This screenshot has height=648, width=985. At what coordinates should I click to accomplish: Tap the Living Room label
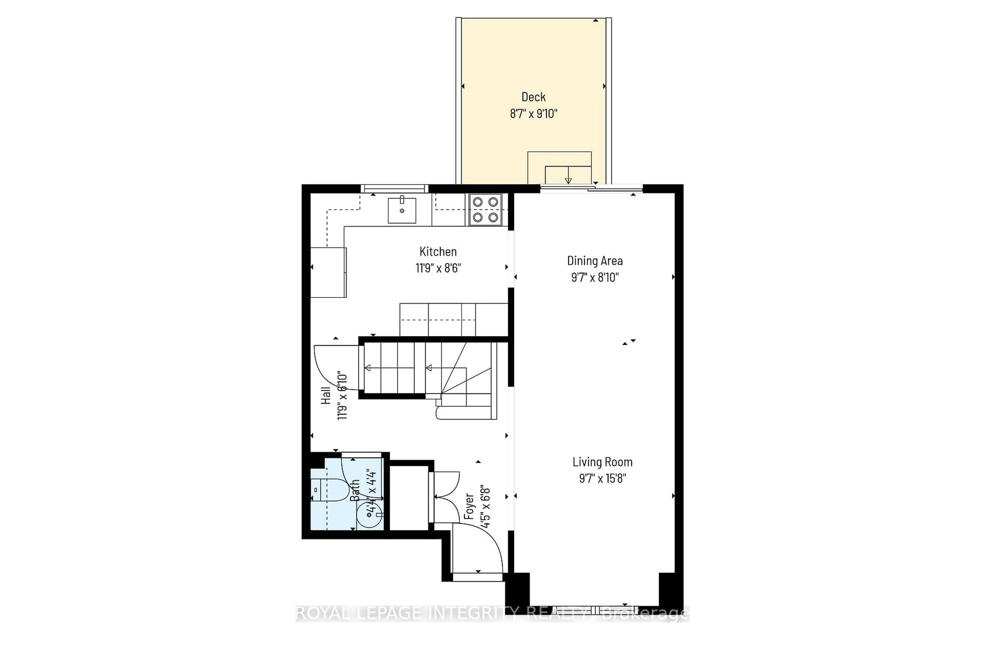(x=602, y=462)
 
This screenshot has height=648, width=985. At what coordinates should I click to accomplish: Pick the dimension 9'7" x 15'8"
(x=602, y=478)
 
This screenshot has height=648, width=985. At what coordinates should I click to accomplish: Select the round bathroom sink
(x=369, y=515)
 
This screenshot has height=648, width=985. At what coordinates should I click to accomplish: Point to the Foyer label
(x=469, y=506)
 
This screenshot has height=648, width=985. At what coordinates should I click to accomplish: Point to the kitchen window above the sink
(x=394, y=189)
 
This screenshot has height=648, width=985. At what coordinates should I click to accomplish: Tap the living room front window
(x=595, y=610)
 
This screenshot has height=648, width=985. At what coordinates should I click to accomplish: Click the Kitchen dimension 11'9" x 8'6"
(x=438, y=268)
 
